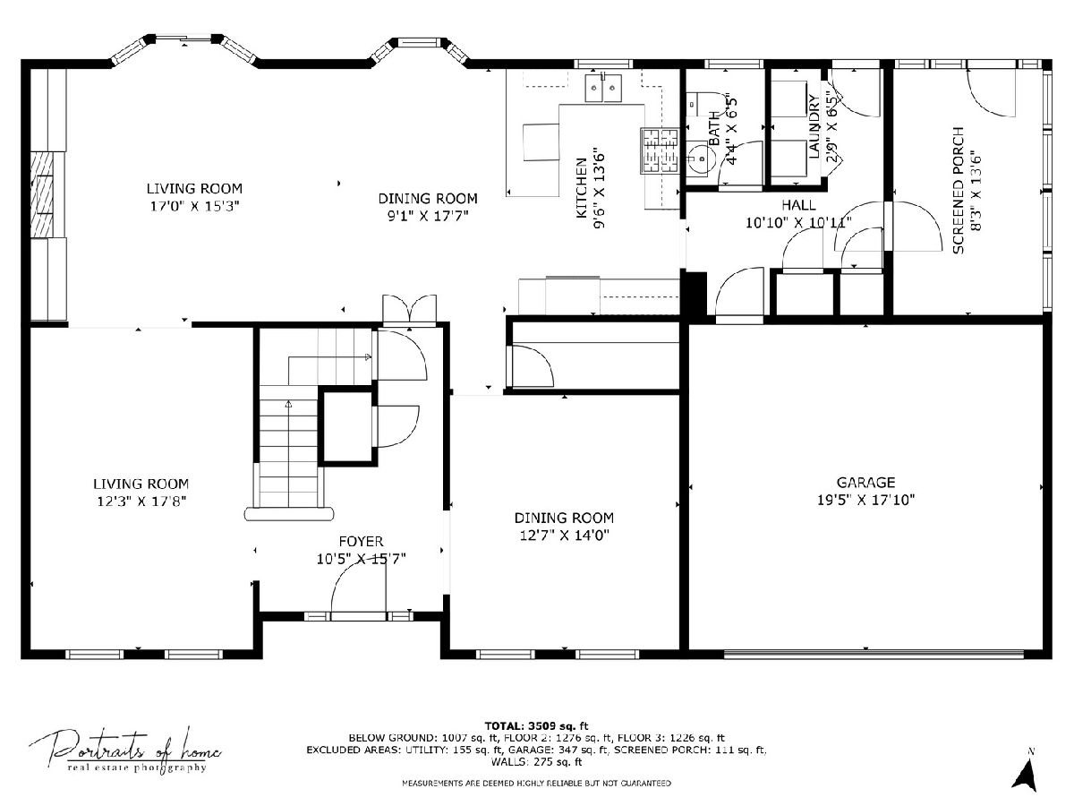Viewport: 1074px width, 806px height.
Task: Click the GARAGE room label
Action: (865, 483)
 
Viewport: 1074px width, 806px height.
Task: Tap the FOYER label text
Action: (361, 541)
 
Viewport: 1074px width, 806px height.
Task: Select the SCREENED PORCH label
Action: (959, 191)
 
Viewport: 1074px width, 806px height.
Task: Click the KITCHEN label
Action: (581, 188)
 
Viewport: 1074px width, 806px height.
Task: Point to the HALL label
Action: (798, 204)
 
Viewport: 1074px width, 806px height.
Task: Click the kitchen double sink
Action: (603, 88)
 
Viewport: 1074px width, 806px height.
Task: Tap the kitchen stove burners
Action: (660, 150)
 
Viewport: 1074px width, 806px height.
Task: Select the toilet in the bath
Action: (705, 104)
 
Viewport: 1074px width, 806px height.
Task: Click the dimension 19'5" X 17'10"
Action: (865, 500)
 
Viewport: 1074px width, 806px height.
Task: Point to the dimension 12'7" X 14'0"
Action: (564, 536)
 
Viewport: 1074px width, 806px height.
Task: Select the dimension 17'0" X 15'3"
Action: (194, 206)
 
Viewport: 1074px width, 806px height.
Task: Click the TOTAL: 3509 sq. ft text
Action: (536, 725)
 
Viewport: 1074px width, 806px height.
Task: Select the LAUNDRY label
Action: (814, 126)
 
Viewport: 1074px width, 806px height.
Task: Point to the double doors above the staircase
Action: (409, 310)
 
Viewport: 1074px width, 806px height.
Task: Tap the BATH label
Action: (714, 128)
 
